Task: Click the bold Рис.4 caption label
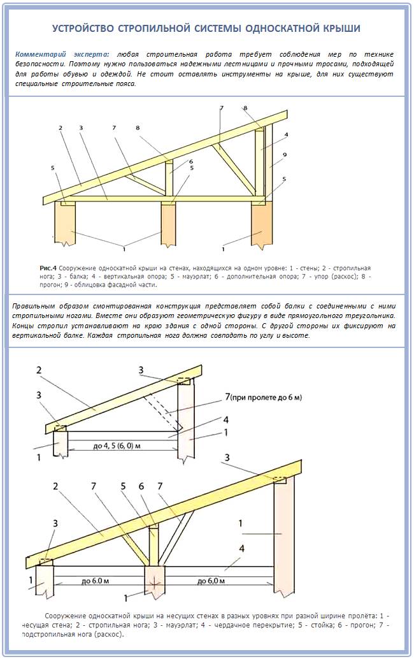pyautogui.click(x=48, y=268)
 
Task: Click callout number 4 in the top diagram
pyautogui.click(x=287, y=135)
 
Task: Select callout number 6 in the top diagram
pyautogui.click(x=190, y=162)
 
